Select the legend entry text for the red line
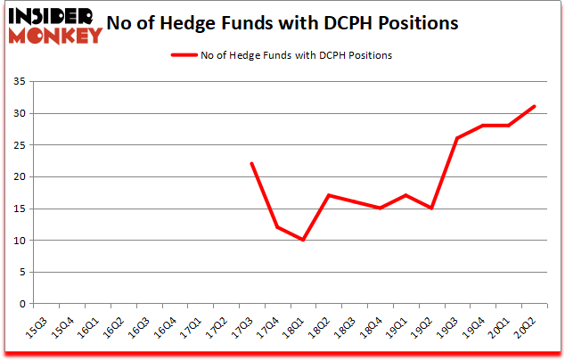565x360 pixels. [x=298, y=55]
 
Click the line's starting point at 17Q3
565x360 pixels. [x=251, y=164]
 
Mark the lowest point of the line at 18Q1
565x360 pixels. [x=303, y=240]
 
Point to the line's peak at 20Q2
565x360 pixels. [x=534, y=107]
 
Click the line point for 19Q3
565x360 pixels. [x=457, y=138]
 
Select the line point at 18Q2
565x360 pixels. [x=329, y=195]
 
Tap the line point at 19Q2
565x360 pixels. [x=431, y=208]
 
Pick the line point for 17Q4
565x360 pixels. [x=277, y=227]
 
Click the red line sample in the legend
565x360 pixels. [x=191, y=55]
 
